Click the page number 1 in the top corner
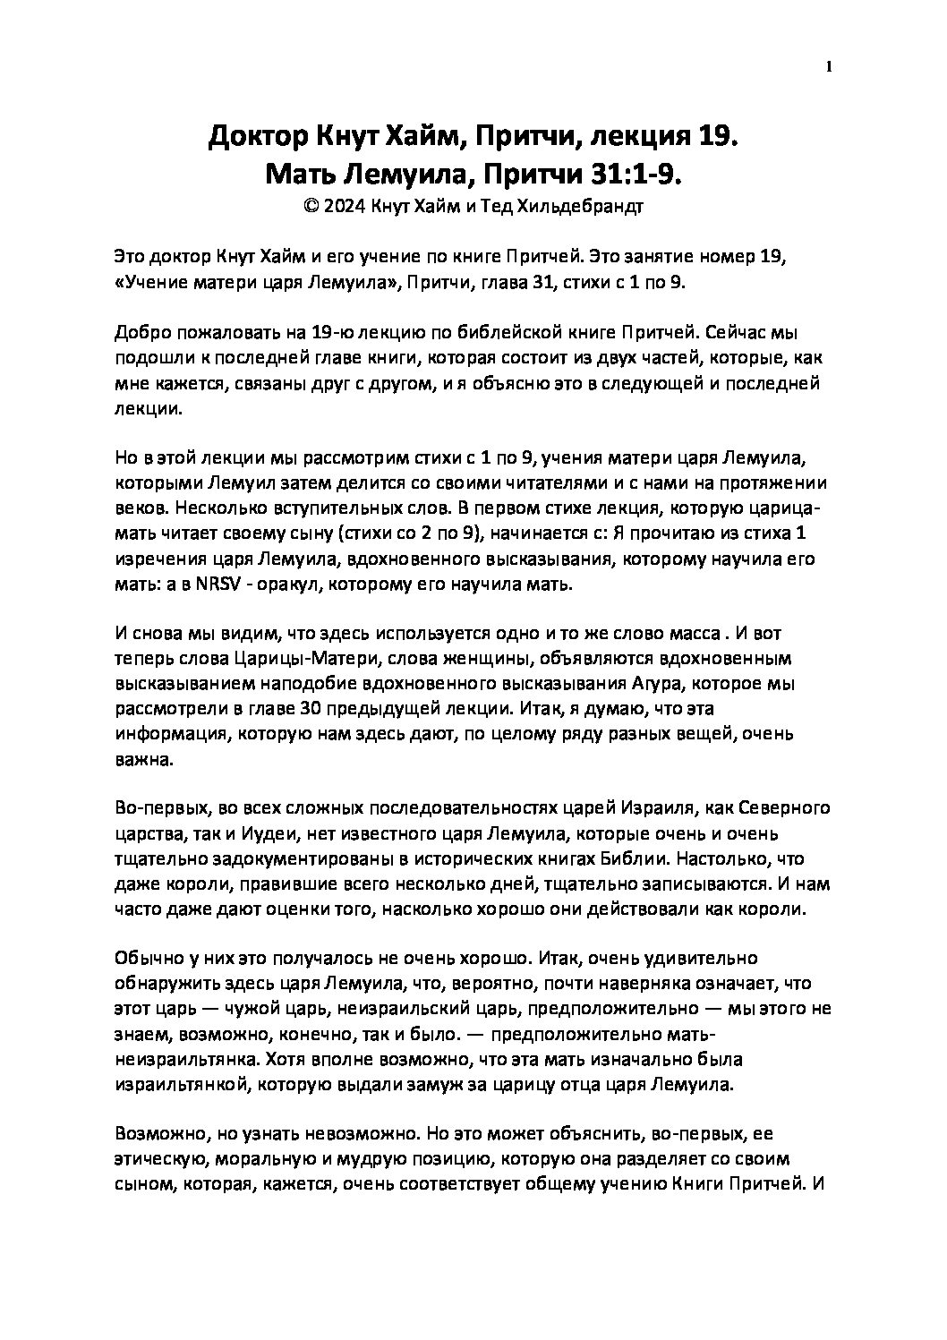point(829,67)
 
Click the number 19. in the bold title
point(712,136)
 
